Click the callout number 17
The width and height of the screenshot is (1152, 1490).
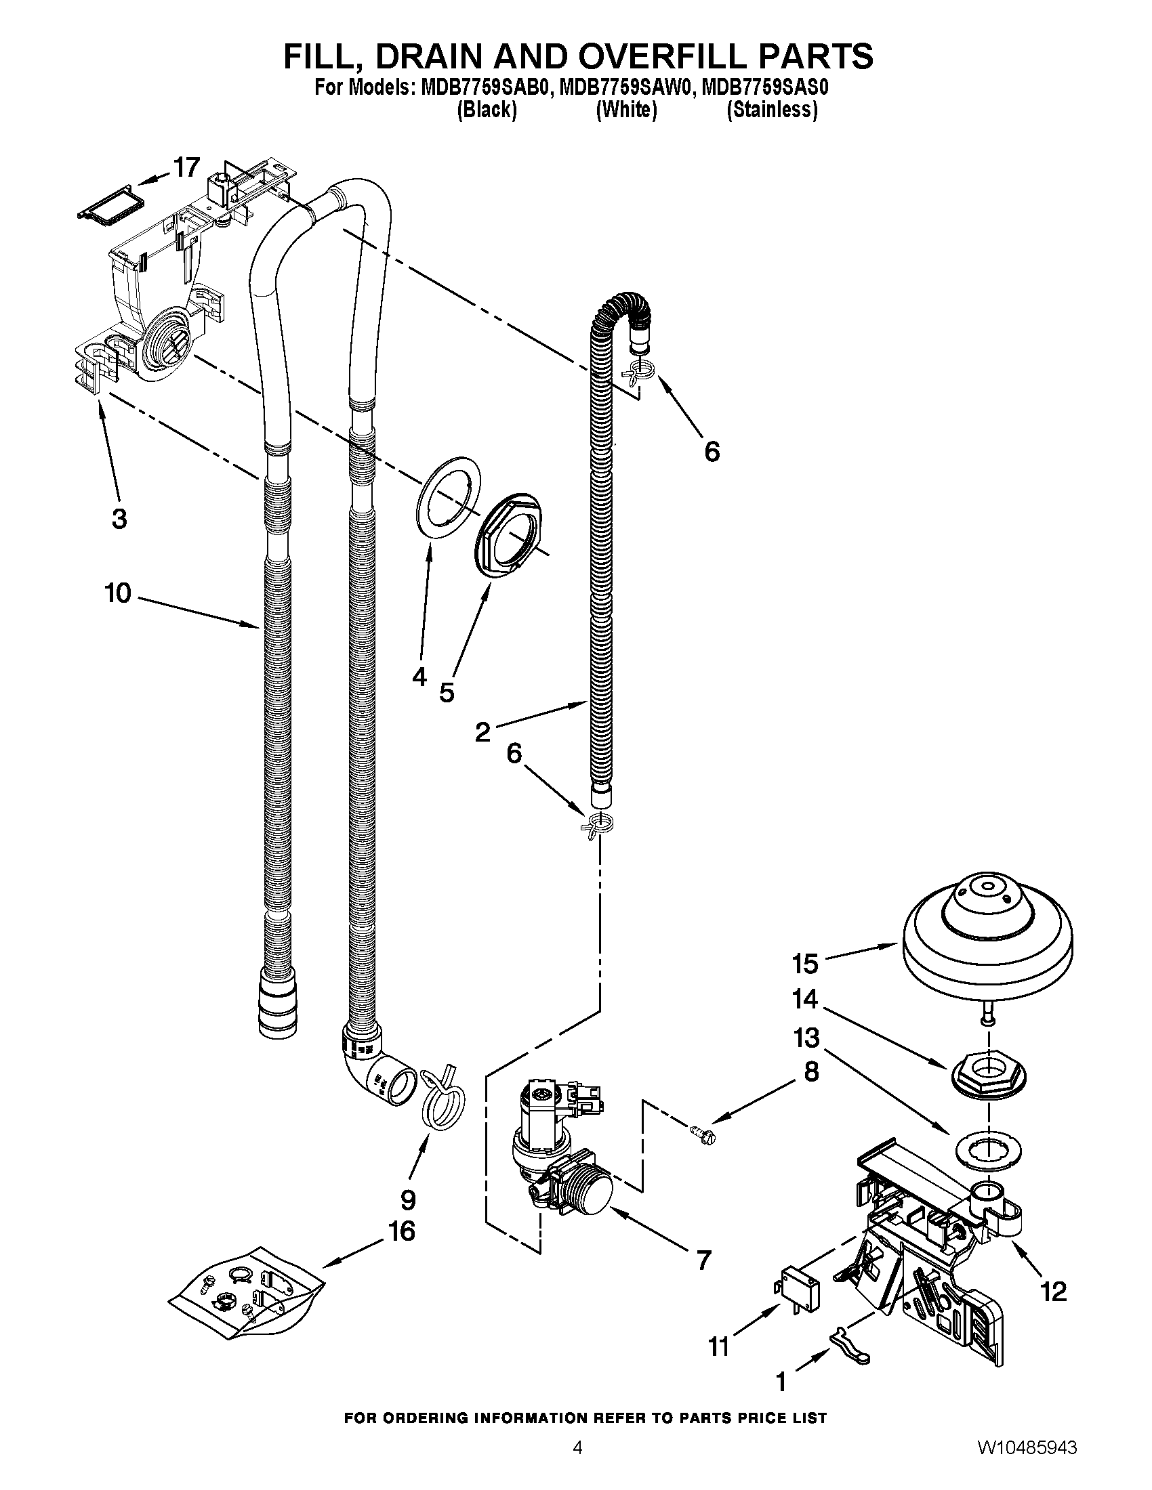pyautogui.click(x=186, y=168)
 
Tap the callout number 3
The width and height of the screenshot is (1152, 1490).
pyautogui.click(x=119, y=519)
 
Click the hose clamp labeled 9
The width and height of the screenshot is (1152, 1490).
pyautogui.click(x=444, y=1098)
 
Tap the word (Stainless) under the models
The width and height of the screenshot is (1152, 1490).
pyautogui.click(x=772, y=110)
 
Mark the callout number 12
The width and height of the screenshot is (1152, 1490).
pyautogui.click(x=1054, y=1291)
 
